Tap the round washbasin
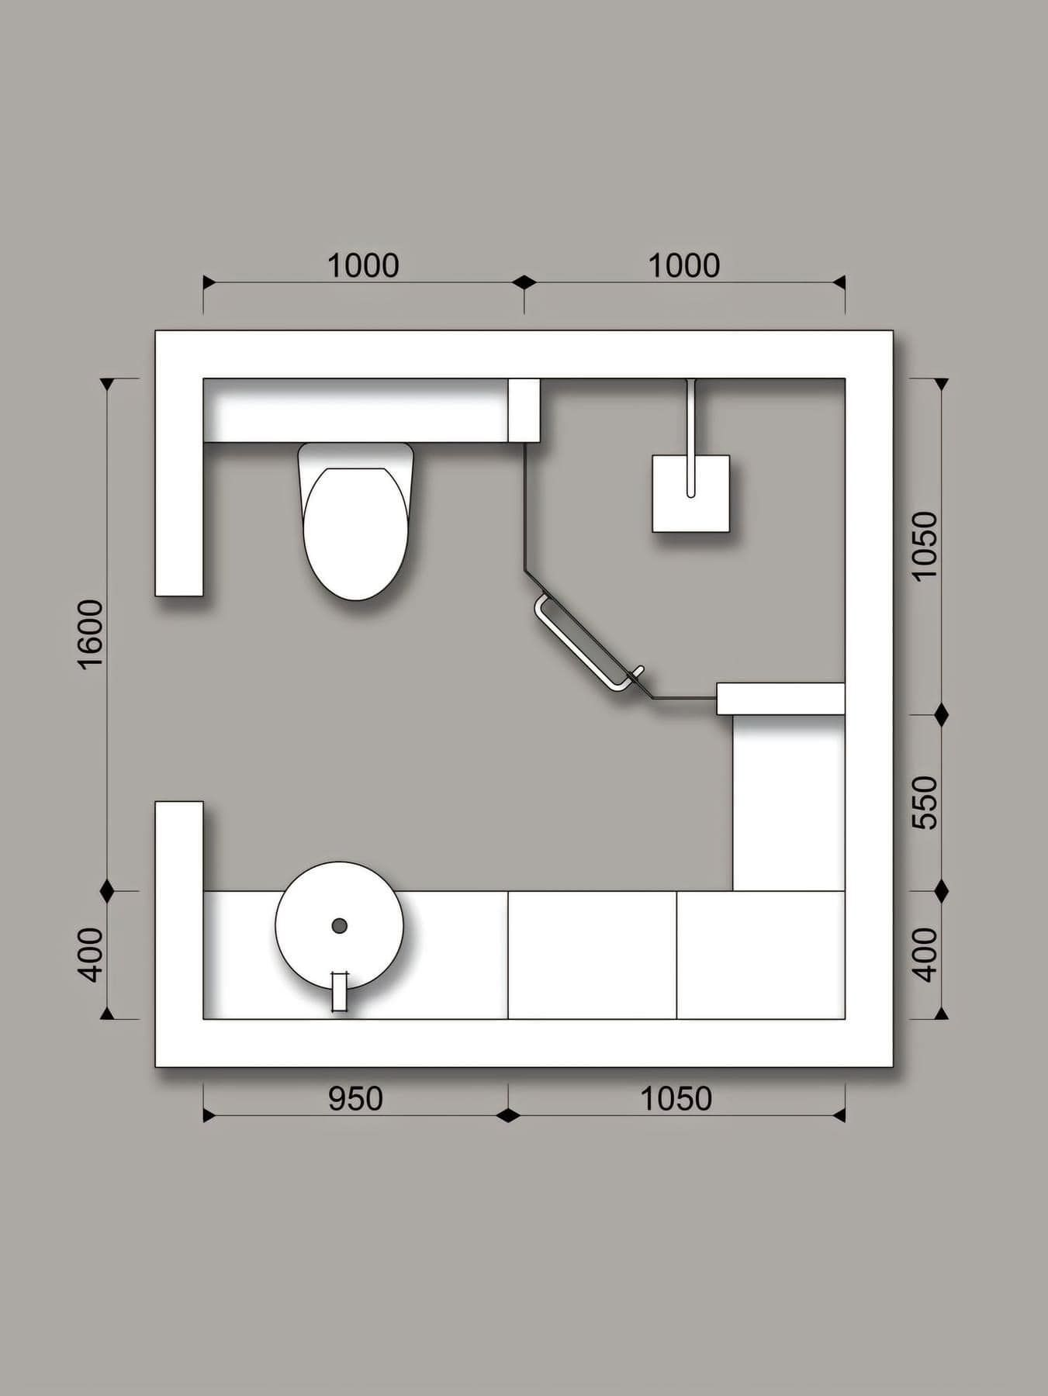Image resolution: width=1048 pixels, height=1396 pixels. point(340,925)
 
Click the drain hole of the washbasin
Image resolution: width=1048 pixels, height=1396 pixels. point(339,925)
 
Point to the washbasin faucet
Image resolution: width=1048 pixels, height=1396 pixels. point(339,991)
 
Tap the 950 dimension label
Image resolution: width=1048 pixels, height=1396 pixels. point(355,1098)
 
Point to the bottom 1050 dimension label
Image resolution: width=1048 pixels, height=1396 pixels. point(676,1098)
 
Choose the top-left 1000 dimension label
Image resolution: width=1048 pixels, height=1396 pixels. point(363,266)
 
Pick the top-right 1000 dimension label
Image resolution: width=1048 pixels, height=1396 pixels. point(683,266)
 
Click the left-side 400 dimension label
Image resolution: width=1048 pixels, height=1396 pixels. point(91,955)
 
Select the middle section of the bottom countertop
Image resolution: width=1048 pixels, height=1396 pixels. point(593,955)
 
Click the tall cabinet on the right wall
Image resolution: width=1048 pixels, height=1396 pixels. point(789,803)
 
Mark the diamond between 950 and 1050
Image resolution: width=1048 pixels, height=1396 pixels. point(508,1115)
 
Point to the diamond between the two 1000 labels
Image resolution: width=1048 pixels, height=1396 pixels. point(524,282)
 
